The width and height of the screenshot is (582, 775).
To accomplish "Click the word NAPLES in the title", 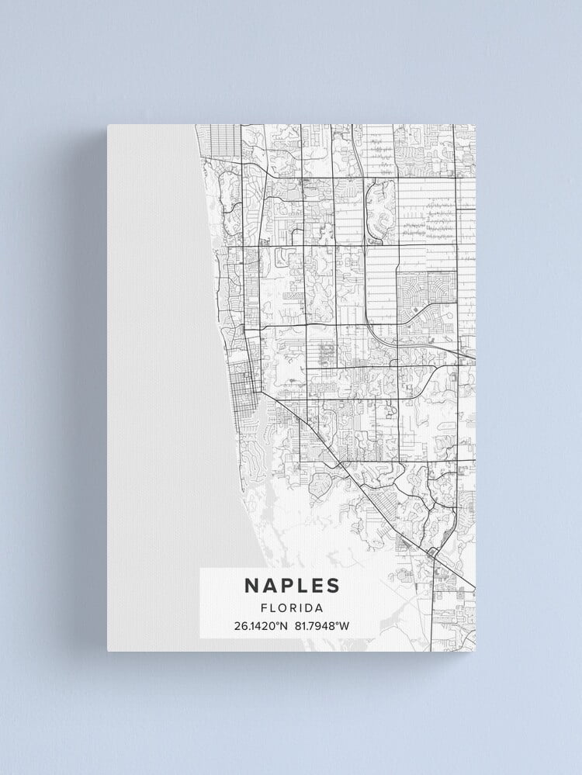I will pyautogui.click(x=292, y=586).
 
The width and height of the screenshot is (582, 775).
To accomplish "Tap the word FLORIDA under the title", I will pyautogui.click(x=292, y=608).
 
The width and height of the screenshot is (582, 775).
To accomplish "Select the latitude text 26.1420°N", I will pyautogui.click(x=261, y=625).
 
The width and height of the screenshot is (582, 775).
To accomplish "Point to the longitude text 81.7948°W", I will pyautogui.click(x=322, y=625).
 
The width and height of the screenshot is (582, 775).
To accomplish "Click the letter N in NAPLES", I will pyautogui.click(x=252, y=586).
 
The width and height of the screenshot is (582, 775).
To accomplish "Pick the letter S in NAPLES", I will pyautogui.click(x=332, y=586).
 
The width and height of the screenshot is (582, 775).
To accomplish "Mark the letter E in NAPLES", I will pyautogui.click(x=317, y=586).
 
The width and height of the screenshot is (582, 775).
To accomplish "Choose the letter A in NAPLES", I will pyautogui.click(x=268, y=586).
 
